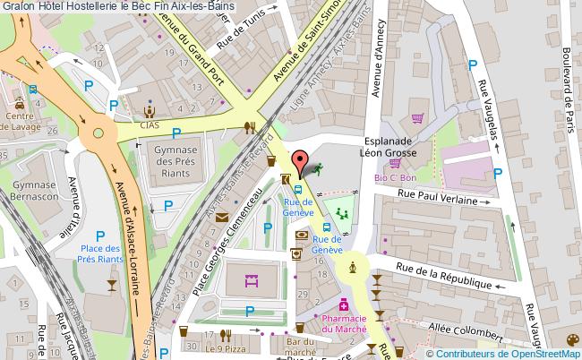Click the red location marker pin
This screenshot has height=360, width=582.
tap(299, 162)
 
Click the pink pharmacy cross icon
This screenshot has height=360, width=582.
tap(343, 307)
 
